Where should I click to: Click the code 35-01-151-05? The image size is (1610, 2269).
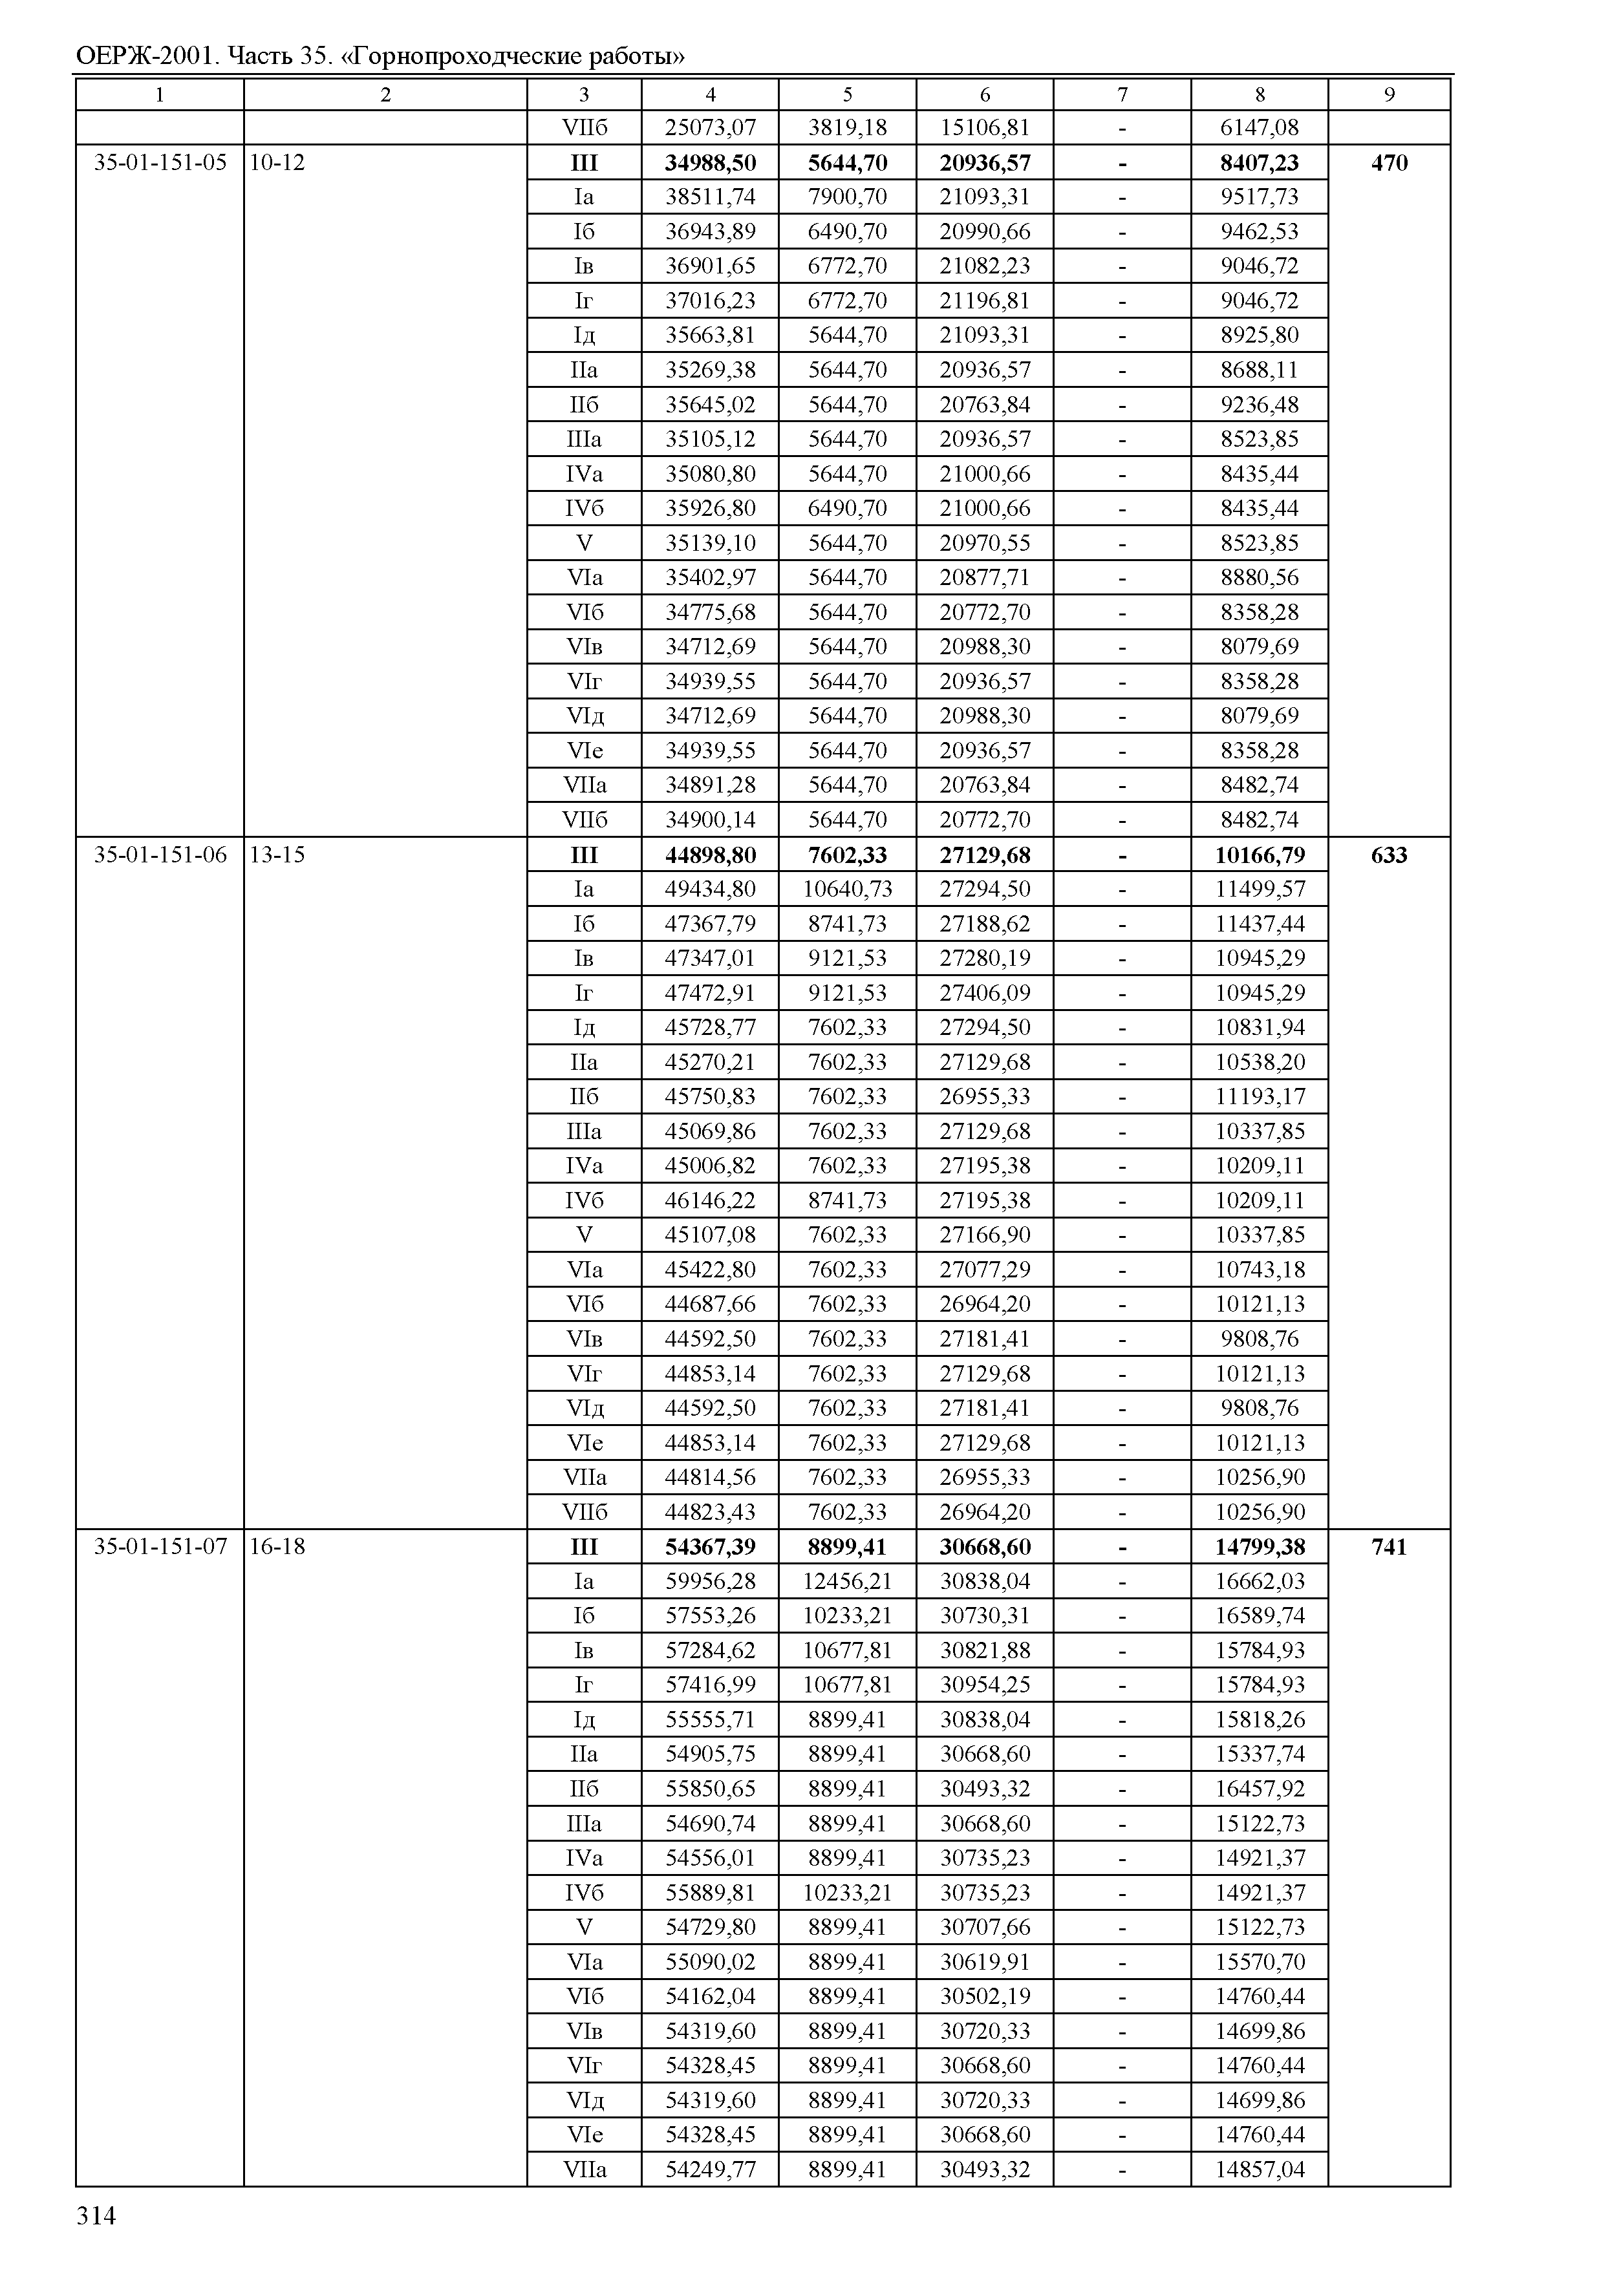(x=160, y=162)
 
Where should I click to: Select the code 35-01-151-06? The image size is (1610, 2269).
(x=160, y=855)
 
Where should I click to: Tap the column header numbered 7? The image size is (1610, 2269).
(x=1122, y=95)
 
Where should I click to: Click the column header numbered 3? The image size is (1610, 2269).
(x=584, y=95)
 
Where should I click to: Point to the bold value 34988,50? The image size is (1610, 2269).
(x=710, y=162)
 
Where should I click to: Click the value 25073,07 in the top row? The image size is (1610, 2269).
(x=710, y=128)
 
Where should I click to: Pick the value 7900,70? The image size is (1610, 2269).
(x=848, y=197)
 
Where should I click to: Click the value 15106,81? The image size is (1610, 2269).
(x=985, y=128)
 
